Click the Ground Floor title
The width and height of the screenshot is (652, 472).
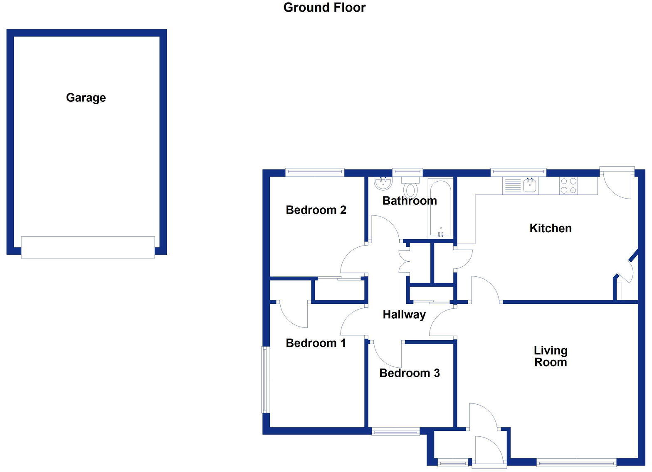pos(324,7)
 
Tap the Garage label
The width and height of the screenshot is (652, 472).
pos(86,98)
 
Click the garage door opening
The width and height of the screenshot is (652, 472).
pos(88,247)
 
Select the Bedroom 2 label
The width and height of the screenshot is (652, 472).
pos(316,210)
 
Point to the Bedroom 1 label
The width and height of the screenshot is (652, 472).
pos(316,343)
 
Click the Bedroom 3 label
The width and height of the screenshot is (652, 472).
pos(409,373)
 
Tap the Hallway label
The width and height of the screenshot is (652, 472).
pos(404,315)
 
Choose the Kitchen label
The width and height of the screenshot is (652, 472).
pos(550,228)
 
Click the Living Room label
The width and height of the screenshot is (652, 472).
pos(550,356)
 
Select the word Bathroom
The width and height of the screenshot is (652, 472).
pos(410,201)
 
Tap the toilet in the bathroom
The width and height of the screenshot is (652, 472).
pos(410,188)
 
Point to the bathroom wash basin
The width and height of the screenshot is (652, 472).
pos(383,183)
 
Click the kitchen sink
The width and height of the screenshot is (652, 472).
pos(530,185)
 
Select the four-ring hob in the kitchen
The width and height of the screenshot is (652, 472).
pos(568,185)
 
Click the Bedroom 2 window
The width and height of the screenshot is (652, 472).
pos(315,172)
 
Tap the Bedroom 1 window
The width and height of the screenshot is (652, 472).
pos(265,380)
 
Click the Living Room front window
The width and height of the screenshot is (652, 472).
pos(576,462)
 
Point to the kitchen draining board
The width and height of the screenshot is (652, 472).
pos(512,185)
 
